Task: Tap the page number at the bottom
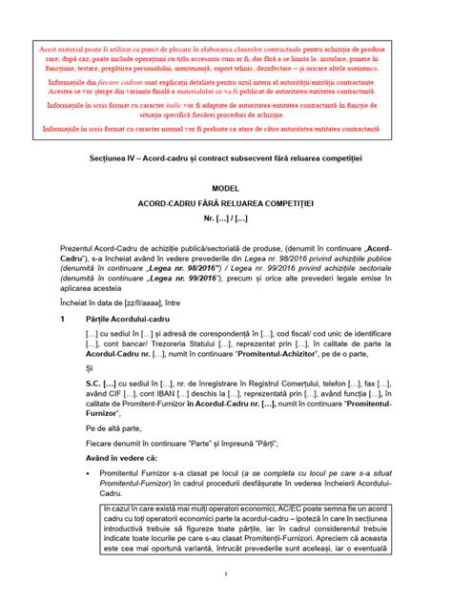click(225, 574)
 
